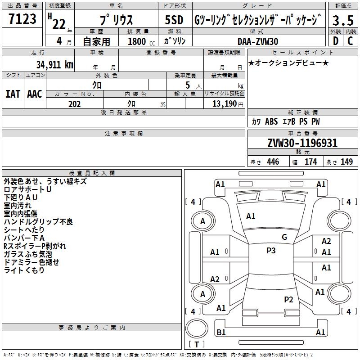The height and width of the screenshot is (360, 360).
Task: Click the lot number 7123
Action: coord(22,18)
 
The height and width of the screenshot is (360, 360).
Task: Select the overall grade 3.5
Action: coord(343,20)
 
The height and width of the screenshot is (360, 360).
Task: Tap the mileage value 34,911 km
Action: coord(54,65)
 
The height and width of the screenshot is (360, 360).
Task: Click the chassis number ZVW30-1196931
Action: coord(302,143)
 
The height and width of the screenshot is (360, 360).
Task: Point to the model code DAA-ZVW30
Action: coord(258,41)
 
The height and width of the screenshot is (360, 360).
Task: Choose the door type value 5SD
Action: coord(174,20)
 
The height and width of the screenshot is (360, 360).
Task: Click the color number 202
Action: coord(75,104)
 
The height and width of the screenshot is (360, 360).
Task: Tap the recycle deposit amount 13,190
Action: coord(225,104)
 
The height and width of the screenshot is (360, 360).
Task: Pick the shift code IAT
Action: coord(13,94)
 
